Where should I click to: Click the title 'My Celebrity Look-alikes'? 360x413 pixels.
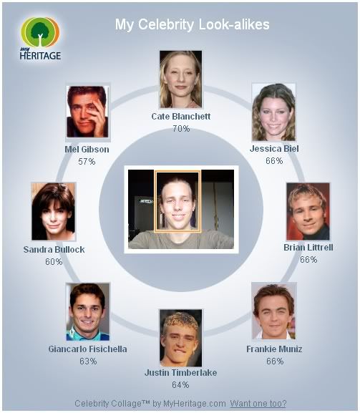(x=193, y=25)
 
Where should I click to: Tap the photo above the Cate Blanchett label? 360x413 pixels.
(x=180, y=79)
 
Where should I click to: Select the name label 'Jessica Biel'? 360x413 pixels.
(x=274, y=149)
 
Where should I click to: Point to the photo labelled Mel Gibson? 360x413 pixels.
(x=88, y=112)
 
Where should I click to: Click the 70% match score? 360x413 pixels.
(x=181, y=129)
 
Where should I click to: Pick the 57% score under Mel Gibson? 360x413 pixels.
(x=87, y=161)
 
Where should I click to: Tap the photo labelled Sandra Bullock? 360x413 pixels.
(x=54, y=211)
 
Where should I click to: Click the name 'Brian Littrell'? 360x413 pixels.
(x=308, y=248)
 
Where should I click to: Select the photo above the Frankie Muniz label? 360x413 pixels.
(x=274, y=311)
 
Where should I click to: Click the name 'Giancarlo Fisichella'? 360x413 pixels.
(x=88, y=349)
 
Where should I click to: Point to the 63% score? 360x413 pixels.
(x=88, y=361)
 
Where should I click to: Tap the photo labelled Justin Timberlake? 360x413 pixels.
(x=180, y=338)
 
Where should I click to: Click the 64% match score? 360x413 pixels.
(x=180, y=385)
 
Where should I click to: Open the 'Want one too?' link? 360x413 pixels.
(x=258, y=404)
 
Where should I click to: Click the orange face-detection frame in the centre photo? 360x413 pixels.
(x=155, y=202)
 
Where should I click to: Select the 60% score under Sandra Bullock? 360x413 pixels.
(x=54, y=261)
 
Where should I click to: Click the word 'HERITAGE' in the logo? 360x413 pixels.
(x=40, y=56)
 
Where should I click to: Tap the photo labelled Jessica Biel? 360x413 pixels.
(x=273, y=112)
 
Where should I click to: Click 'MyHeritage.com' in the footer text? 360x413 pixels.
(x=195, y=404)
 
